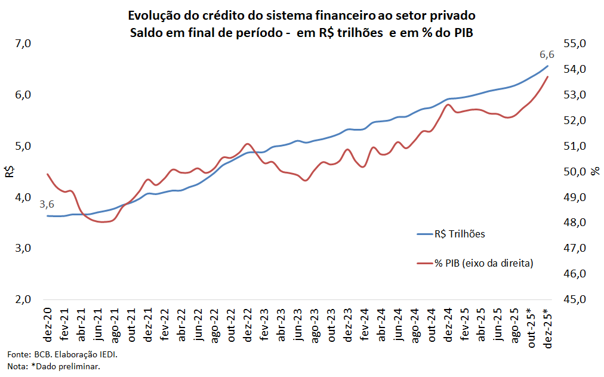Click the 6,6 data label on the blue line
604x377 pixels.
547,55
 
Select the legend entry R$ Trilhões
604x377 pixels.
459,234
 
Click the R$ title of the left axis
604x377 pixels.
10,172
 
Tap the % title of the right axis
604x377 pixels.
595,172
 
